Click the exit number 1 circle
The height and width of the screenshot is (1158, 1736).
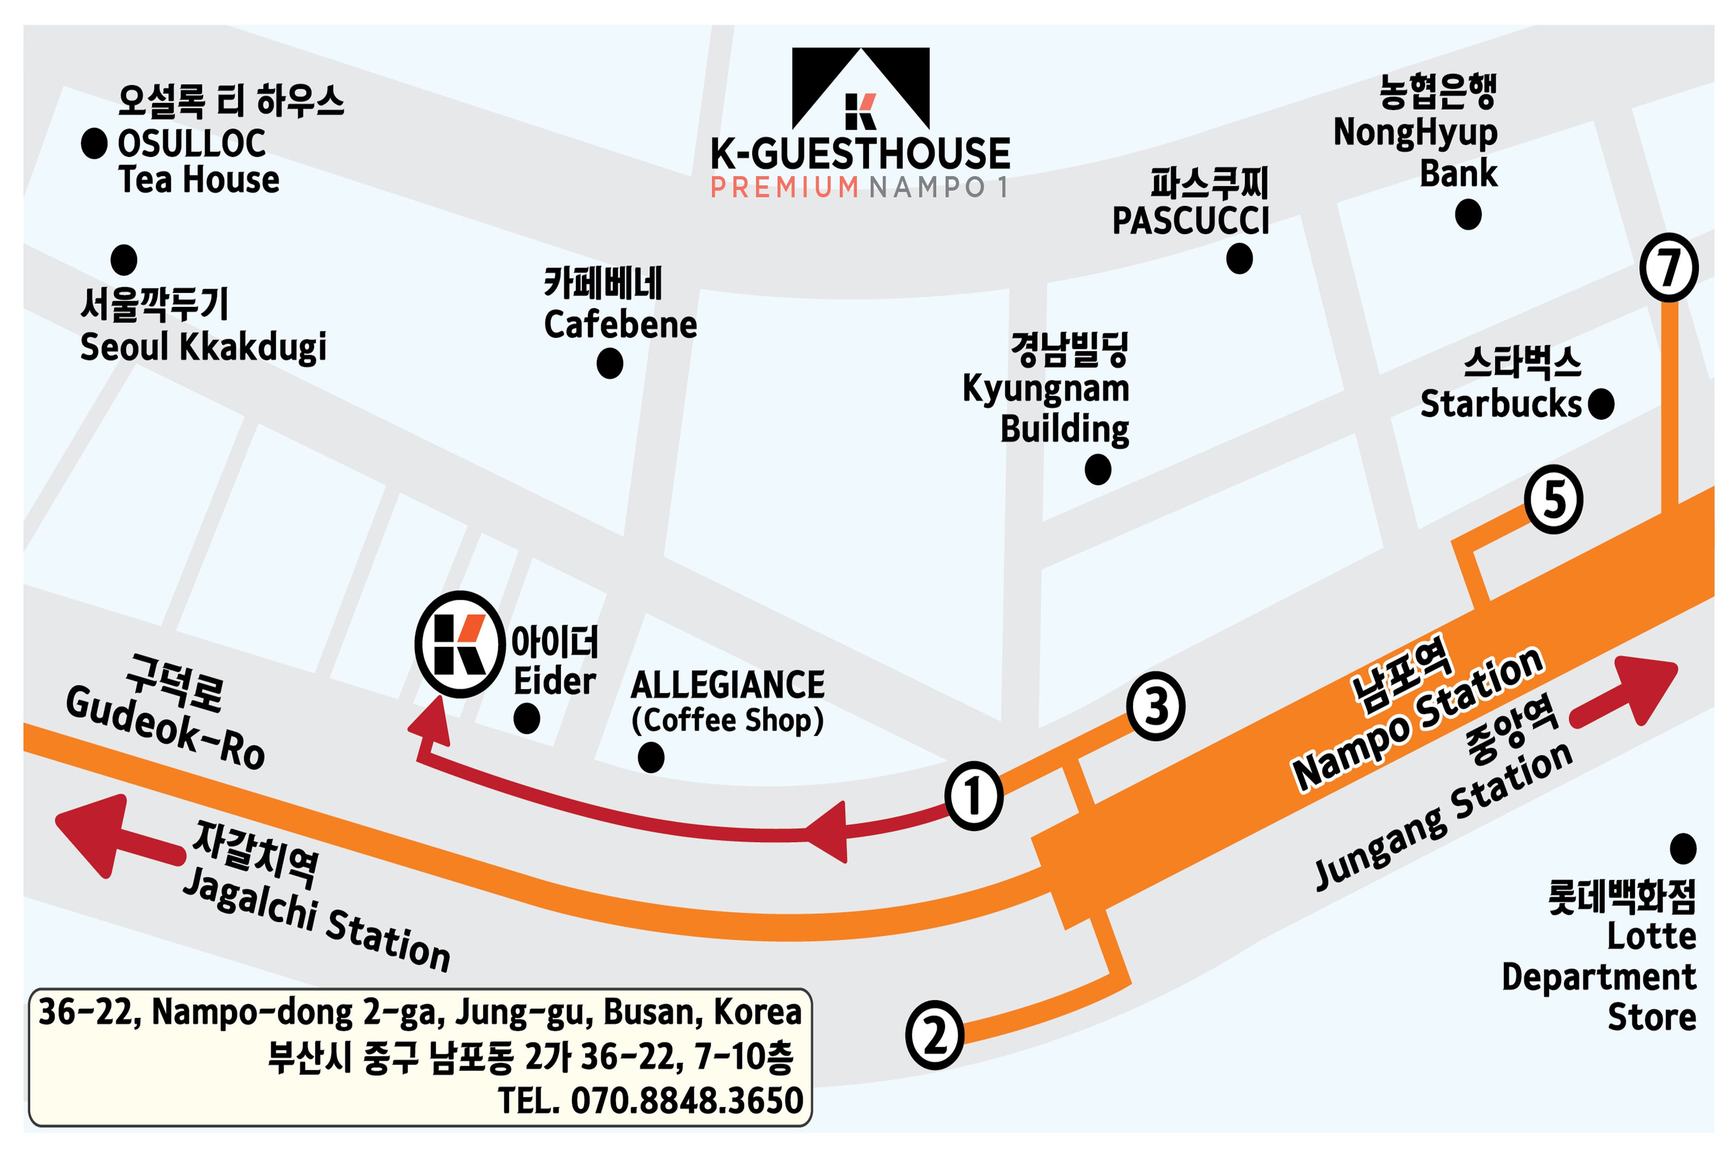(x=973, y=796)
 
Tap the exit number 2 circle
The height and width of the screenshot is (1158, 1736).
(x=934, y=1035)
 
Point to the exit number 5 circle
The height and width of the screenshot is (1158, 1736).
(x=1554, y=499)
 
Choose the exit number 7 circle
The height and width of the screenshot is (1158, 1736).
(x=1669, y=267)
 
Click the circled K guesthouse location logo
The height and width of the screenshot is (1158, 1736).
(x=460, y=644)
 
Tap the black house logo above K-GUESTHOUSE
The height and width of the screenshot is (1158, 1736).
(x=861, y=89)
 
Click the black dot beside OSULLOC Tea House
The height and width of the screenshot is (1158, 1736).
(x=94, y=143)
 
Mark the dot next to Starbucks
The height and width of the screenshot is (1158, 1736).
(x=1600, y=404)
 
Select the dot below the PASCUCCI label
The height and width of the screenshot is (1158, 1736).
(x=1239, y=258)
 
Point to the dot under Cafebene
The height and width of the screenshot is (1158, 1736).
(x=610, y=363)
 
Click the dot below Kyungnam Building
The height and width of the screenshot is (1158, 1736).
(x=1098, y=470)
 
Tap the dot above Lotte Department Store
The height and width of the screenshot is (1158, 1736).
(x=1683, y=849)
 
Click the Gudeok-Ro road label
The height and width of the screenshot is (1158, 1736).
(x=166, y=727)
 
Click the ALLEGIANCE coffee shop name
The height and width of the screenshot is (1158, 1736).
(x=727, y=684)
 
